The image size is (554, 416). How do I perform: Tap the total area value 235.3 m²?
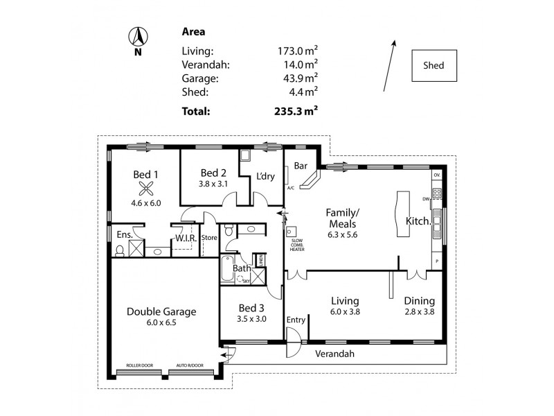click(296, 110)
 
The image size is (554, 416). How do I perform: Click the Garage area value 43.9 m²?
click(297, 78)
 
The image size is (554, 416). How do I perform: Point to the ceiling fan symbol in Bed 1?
click(145, 188)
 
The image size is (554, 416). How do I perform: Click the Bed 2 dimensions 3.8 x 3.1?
click(213, 184)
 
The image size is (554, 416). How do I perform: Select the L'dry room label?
click(265, 176)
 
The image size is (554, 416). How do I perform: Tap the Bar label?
click(301, 166)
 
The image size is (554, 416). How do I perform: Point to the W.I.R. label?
click(186, 238)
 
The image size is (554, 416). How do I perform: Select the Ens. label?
click(125, 235)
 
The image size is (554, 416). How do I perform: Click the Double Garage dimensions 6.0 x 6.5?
click(161, 324)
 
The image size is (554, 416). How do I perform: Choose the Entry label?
click(296, 320)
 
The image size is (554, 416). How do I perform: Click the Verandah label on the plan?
click(335, 354)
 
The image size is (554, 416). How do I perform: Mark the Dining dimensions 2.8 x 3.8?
click(419, 313)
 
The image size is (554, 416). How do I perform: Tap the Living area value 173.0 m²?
click(297, 51)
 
